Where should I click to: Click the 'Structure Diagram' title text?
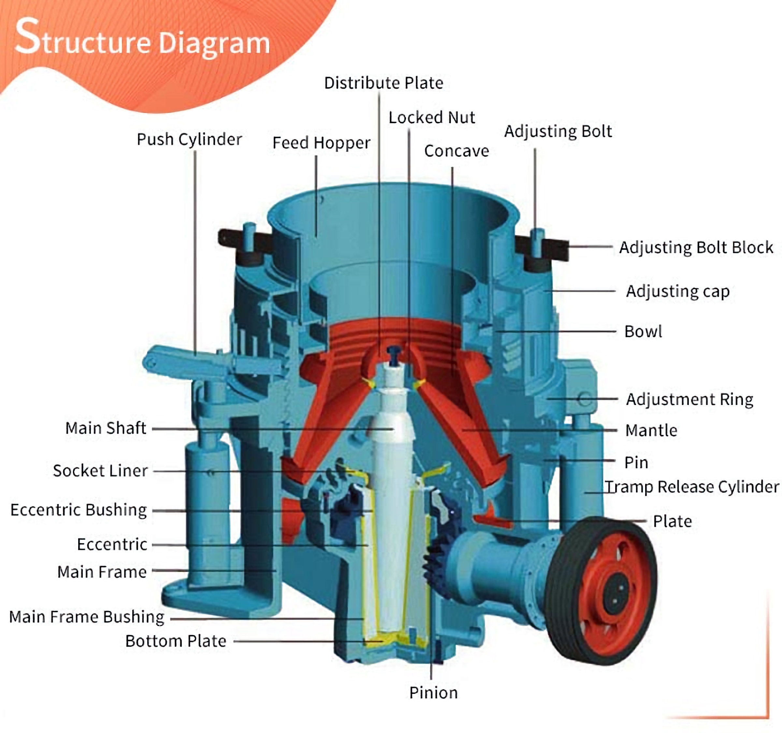pyautogui.click(x=142, y=38)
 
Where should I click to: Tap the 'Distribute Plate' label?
pyautogui.click(x=384, y=83)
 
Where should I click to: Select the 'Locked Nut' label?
pyautogui.click(x=431, y=117)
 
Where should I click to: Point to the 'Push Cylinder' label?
pyautogui.click(x=189, y=139)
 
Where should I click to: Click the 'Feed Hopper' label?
pyautogui.click(x=321, y=142)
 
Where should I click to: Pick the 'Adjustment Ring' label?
pyautogui.click(x=689, y=399)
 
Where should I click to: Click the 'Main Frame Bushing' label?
pyautogui.click(x=87, y=617)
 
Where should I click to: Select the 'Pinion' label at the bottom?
pyautogui.click(x=433, y=693)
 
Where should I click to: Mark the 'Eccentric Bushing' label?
pyautogui.click(x=79, y=510)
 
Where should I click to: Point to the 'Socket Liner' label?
pyautogui.click(x=100, y=471)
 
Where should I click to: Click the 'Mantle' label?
pyautogui.click(x=651, y=431)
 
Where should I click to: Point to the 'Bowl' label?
pyautogui.click(x=643, y=332)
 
